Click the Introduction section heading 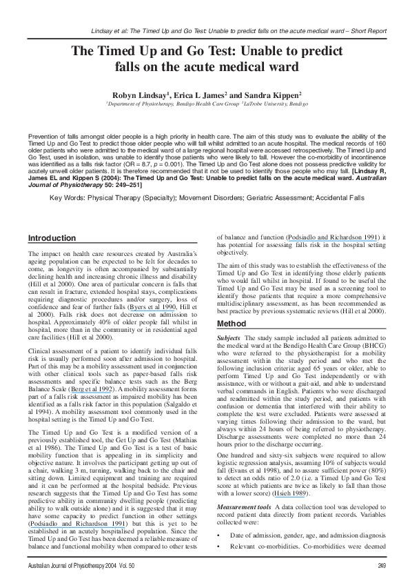(52, 238)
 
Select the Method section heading (232, 324)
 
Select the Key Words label (72, 197)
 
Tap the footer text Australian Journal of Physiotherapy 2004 (75, 567)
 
